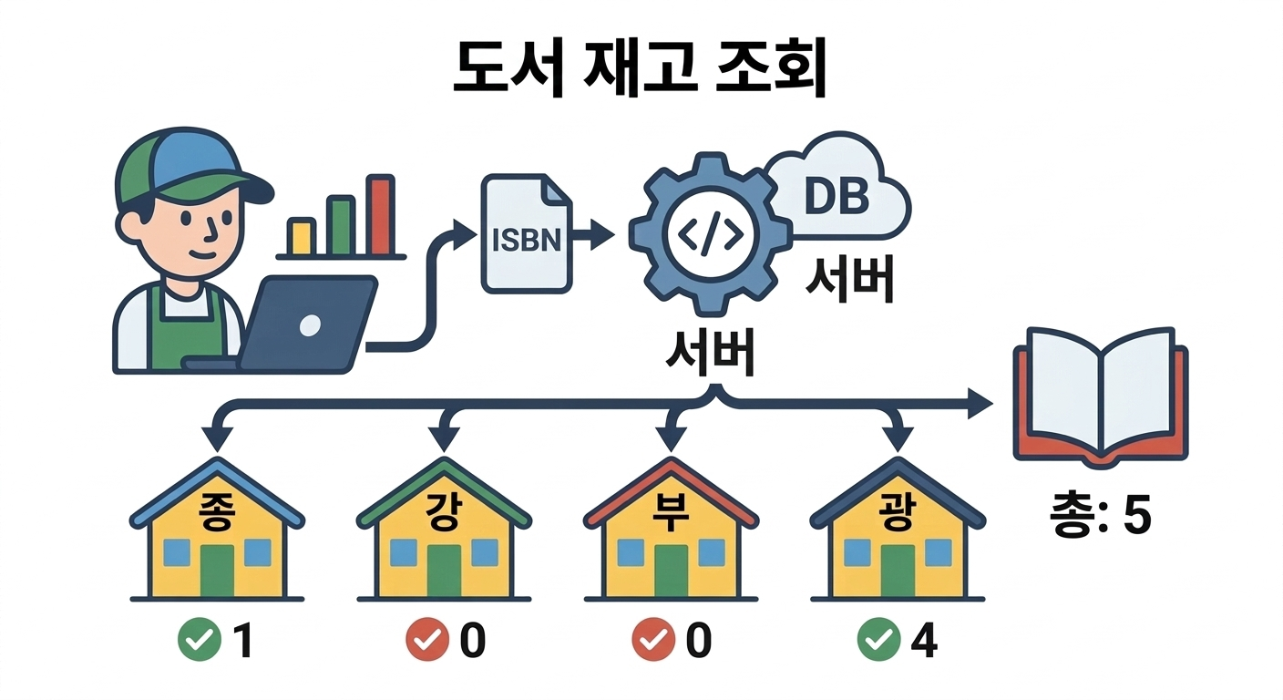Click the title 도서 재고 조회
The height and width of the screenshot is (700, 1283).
coord(640,69)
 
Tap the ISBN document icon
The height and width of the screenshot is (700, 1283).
coord(526,234)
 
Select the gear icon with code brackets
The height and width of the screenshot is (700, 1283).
coord(708,235)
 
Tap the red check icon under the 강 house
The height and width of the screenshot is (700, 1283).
coord(426,642)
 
